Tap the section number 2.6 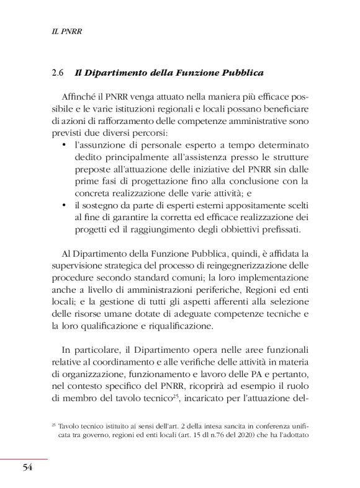[60, 73]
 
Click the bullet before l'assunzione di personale [65, 144]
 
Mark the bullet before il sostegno [65, 204]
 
